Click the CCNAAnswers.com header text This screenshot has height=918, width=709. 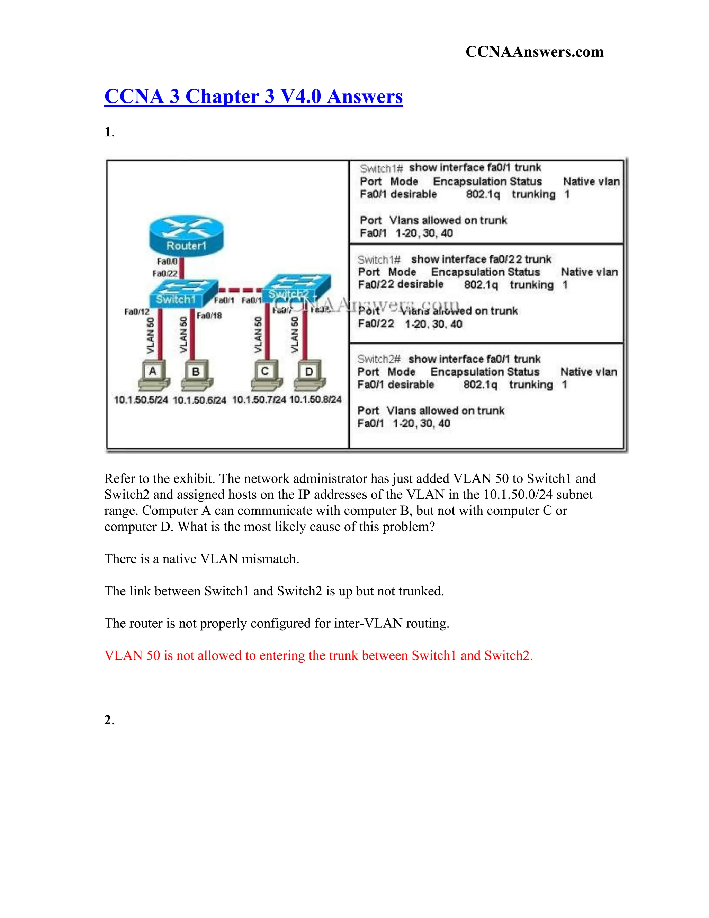tap(534, 52)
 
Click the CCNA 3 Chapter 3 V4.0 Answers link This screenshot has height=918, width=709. tap(253, 96)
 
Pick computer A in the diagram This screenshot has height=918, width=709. tap(153, 375)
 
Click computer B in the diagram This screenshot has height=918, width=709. tap(197, 375)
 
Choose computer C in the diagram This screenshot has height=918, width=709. tap(266, 374)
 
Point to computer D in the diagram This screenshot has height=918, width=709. tap(309, 375)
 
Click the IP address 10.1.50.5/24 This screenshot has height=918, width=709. tap(141, 400)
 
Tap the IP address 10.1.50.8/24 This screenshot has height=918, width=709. tap(315, 399)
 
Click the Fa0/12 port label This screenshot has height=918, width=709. tap(136, 311)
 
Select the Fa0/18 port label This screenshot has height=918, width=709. tap(209, 316)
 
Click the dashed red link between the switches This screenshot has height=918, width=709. tap(240, 290)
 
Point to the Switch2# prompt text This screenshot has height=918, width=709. tap(378, 359)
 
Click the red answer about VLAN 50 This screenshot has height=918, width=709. tap(318, 655)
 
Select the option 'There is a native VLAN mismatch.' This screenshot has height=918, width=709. tap(201, 559)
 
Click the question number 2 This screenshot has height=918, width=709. tap(108, 720)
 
